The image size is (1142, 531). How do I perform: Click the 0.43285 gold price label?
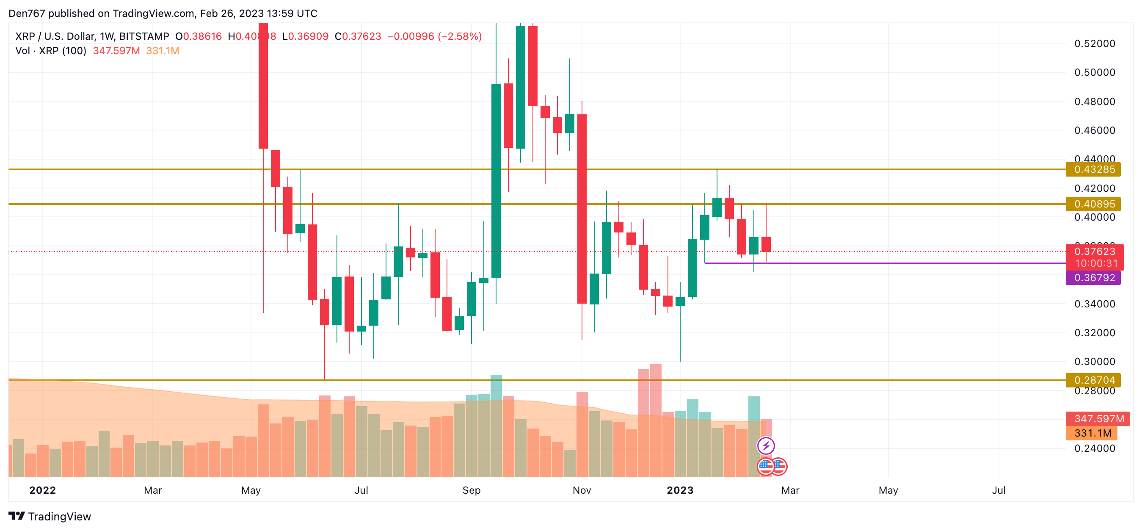pos(1093,169)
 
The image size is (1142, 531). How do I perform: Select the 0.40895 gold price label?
pos(1093,204)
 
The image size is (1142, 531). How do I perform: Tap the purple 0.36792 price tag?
pos(1093,278)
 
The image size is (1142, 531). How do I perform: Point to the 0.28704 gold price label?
pos(1093,380)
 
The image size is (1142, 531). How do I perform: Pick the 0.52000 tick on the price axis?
pos(1094,44)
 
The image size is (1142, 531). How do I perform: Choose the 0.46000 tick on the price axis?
pos(1094,130)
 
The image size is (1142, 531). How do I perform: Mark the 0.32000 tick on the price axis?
pos(1094,333)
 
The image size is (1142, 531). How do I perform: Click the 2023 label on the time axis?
pos(680,490)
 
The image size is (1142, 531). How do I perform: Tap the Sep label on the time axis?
pos(471,490)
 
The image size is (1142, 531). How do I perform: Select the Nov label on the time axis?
pos(582,490)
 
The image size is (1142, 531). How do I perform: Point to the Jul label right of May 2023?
pos(999,490)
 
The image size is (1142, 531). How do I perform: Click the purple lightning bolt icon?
pos(766,446)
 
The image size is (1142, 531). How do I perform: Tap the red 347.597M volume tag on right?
pos(1098,419)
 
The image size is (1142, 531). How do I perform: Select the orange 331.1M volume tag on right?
pos(1092,433)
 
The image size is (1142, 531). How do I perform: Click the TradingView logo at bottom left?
pos(50,516)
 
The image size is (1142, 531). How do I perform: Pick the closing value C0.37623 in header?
pos(358,36)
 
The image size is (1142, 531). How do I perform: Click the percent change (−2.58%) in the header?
pos(460,36)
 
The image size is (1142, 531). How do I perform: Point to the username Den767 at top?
pos(27,13)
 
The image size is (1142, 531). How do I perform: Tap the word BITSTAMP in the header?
pos(144,36)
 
